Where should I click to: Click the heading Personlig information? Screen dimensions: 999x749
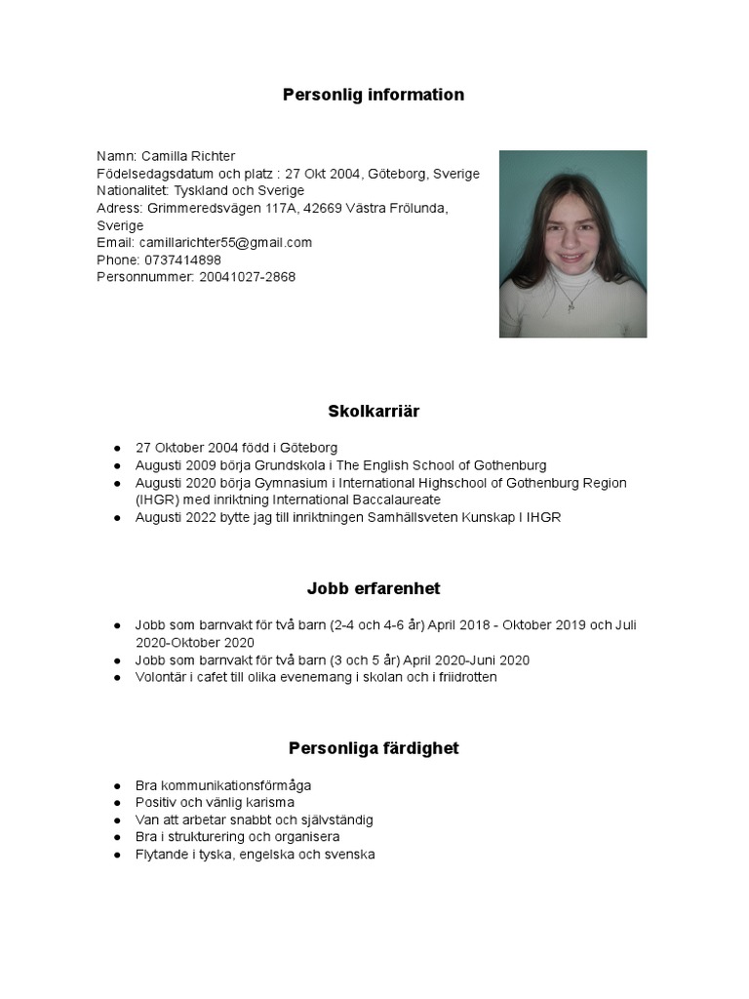coord(374,95)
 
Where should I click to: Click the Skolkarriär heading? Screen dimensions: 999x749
coord(374,411)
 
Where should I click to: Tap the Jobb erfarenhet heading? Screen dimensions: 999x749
coord(374,588)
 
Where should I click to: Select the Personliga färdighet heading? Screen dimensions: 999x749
coord(374,748)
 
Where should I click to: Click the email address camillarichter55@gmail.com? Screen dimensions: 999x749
coord(225,242)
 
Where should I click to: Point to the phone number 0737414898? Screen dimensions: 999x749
coord(182,260)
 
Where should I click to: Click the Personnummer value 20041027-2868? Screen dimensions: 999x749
coord(248,277)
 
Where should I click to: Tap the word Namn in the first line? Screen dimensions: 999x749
coord(115,156)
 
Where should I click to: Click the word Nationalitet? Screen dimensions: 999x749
coord(133,190)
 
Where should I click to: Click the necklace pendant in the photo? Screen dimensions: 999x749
coord(572,303)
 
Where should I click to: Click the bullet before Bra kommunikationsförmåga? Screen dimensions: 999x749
coord(117,785)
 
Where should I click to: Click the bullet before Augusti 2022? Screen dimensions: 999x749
coord(117,518)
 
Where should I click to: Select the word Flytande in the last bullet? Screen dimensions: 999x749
coord(163,855)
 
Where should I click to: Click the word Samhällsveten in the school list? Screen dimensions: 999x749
coord(409,517)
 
